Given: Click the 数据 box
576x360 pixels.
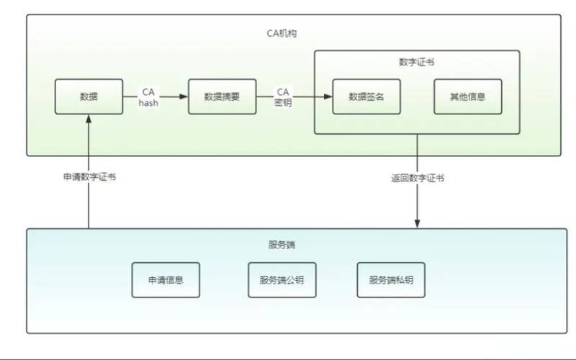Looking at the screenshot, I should tap(89, 97).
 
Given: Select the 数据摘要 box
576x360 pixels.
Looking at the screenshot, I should tap(222, 97).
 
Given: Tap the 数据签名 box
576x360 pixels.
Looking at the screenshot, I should tap(366, 97).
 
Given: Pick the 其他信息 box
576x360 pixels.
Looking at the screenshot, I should tap(467, 97).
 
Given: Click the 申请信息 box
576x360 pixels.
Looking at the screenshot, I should tap(166, 280).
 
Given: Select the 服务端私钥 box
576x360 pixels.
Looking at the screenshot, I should tap(391, 280).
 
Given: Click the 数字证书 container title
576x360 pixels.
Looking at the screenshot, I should tap(416, 63).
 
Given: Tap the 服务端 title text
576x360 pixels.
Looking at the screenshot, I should tap(282, 245).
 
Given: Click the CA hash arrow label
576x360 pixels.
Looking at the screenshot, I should tap(148, 97).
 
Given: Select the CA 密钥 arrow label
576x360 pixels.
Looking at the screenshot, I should tap(283, 97).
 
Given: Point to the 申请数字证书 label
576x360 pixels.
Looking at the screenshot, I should tap(89, 177).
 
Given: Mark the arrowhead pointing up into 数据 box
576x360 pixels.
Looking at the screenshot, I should tap(89, 120).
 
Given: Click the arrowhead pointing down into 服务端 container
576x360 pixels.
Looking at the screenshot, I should tap(417, 224).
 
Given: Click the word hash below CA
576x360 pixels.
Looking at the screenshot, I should tap(148, 103).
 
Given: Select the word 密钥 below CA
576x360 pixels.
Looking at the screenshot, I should tap(283, 103).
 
